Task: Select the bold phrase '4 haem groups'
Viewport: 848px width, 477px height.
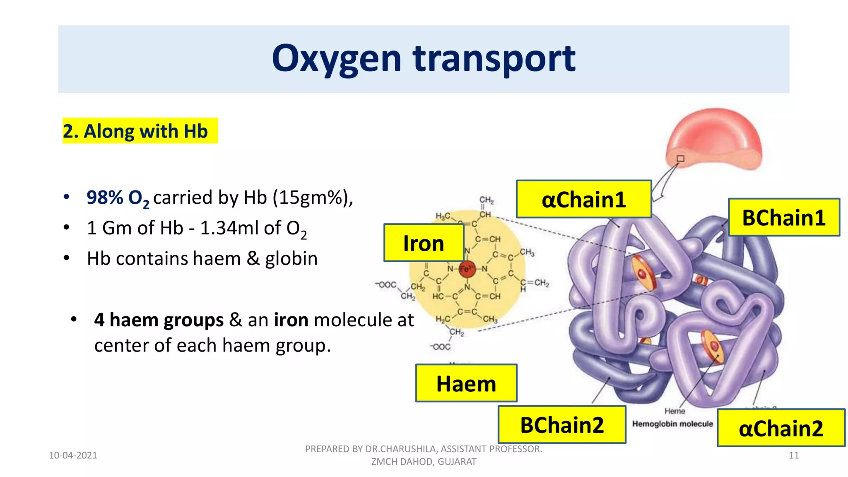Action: point(159,320)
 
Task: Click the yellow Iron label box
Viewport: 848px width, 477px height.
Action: point(423,243)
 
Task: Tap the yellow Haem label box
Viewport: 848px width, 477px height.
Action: point(466,383)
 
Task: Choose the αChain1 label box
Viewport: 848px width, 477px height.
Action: point(583,200)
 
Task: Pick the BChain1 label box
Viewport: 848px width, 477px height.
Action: point(783,217)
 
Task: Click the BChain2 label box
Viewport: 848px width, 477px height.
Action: point(561,425)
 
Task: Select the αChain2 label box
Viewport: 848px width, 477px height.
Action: point(781,428)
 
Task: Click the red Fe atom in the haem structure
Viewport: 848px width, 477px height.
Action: point(467,269)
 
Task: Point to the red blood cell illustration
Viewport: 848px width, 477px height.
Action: point(715,139)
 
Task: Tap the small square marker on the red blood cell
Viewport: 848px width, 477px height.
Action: point(680,159)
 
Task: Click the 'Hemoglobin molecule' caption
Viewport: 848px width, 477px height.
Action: point(672,424)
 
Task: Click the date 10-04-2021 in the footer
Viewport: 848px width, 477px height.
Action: point(73,455)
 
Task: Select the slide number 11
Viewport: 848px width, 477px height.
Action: point(793,455)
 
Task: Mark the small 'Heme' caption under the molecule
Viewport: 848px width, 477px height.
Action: point(675,411)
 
